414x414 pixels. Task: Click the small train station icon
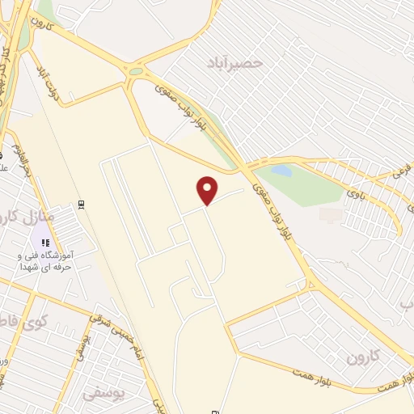click(x=81, y=204)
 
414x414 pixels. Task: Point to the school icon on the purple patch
click(x=46, y=242)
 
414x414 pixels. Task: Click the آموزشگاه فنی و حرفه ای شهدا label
click(x=45, y=260)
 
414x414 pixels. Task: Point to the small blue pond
click(x=281, y=171)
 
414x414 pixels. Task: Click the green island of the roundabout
click(x=136, y=71)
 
